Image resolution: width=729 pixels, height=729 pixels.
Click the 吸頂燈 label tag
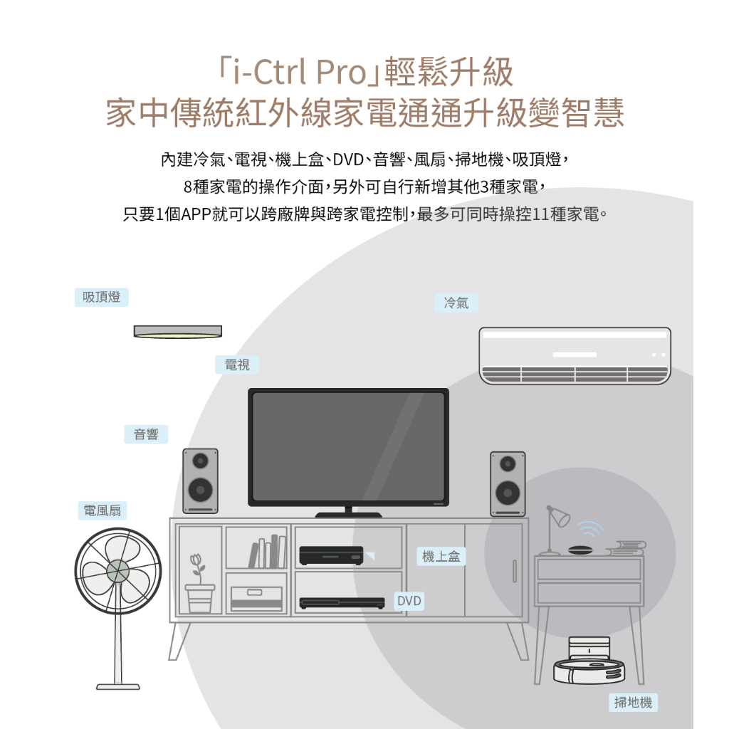(101, 297)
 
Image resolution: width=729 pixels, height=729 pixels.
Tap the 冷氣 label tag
(456, 303)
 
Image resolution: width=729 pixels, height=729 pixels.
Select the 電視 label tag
(236, 364)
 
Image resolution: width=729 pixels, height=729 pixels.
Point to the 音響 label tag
(146, 434)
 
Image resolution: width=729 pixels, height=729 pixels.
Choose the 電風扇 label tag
(103, 510)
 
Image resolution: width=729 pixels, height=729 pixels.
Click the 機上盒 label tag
(441, 556)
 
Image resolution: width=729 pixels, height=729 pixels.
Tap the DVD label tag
(409, 601)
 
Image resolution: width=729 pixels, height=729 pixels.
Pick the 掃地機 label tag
(633, 702)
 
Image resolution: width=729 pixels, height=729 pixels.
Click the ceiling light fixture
(177, 332)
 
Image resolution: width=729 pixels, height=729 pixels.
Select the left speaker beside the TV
(200, 481)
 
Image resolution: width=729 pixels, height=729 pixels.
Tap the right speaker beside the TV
(508, 484)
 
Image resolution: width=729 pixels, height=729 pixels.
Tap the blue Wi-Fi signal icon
(591, 530)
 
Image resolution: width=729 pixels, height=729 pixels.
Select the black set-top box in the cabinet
(331, 555)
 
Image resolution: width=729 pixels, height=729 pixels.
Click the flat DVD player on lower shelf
(342, 603)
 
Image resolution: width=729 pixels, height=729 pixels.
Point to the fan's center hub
(118, 570)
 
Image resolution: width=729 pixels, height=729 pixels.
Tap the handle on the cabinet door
(515, 572)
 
